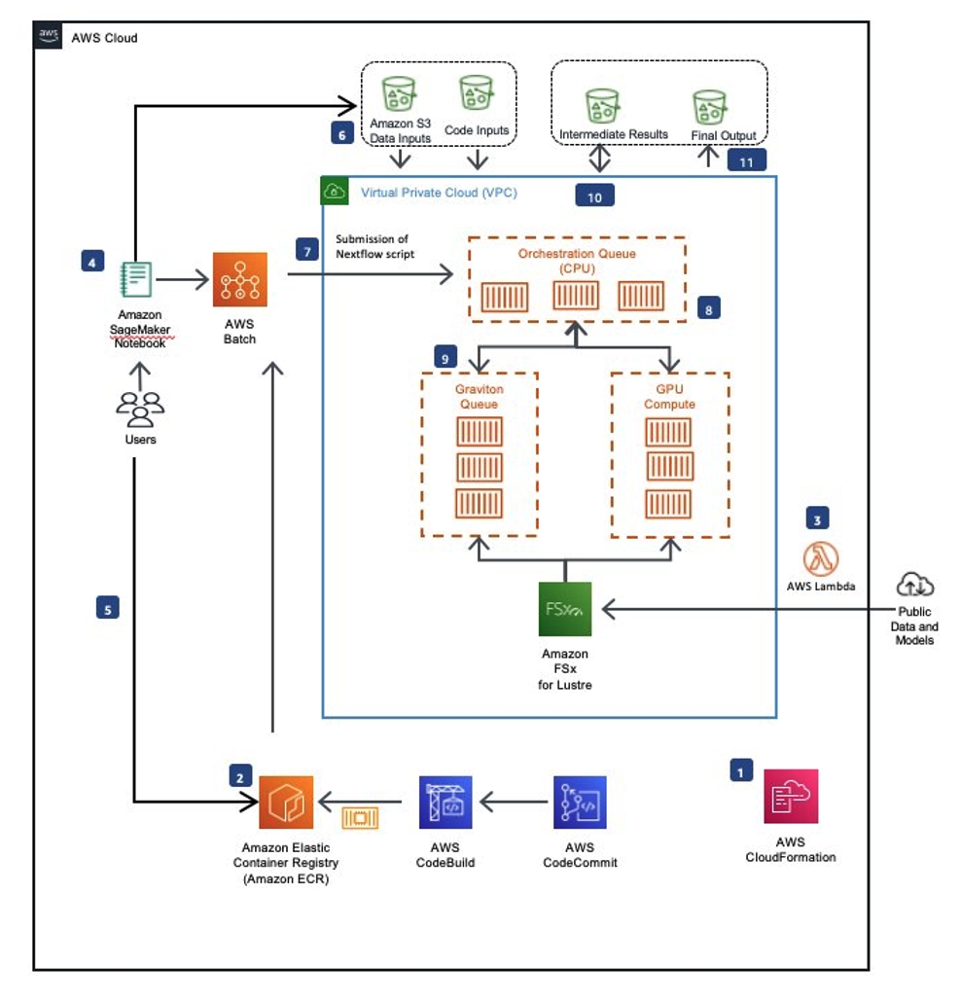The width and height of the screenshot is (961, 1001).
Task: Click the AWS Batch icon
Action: point(239,280)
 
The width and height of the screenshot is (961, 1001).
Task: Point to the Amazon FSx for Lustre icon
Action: point(565,609)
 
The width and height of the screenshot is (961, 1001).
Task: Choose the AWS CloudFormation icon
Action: point(791,797)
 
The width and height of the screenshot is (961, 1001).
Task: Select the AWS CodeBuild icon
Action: point(445,803)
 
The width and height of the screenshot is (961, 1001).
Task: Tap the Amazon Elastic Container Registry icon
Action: point(286,803)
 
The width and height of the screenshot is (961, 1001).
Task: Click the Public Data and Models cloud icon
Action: point(914,585)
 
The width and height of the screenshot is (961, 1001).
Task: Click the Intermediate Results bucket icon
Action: point(603,106)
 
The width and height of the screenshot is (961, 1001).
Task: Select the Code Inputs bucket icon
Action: point(477,95)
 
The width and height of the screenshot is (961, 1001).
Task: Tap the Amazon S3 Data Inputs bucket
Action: point(399,95)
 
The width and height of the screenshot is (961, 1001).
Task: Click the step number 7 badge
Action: point(307,250)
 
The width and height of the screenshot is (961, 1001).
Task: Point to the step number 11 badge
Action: point(746,161)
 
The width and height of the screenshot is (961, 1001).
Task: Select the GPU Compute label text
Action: point(669,397)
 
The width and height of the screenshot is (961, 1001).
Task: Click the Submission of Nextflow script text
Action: point(375,247)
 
